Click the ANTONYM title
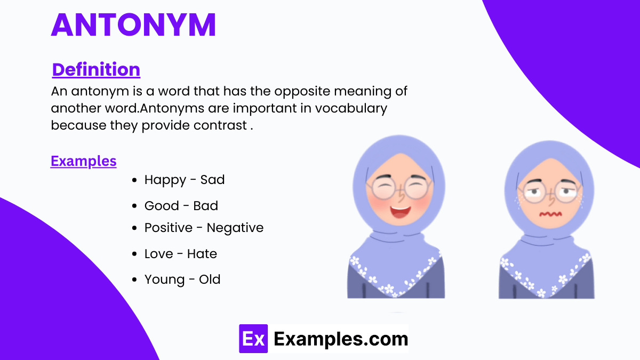pos(133,25)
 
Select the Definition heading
pos(96,69)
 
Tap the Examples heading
pos(83,161)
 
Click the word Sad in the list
pos(212,180)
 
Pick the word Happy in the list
pos(165,180)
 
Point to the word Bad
pos(206,206)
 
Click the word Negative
pos(235,228)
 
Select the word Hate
pos(202,254)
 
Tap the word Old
pos(210,279)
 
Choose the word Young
pos(162,279)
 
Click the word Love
pos(158,254)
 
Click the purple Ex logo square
pos(253,339)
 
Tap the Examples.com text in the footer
pos(341,339)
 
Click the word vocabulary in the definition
pos(351,108)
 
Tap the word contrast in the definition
pos(220,125)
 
